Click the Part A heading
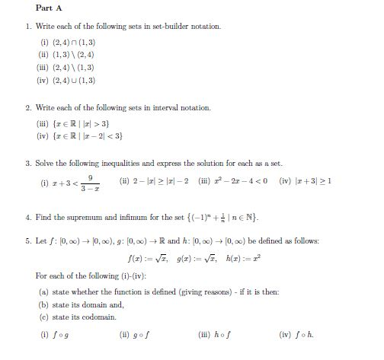pos(48,8)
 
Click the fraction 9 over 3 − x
pos(89,183)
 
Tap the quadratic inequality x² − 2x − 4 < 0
pos(251,180)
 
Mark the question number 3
pos(27,162)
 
